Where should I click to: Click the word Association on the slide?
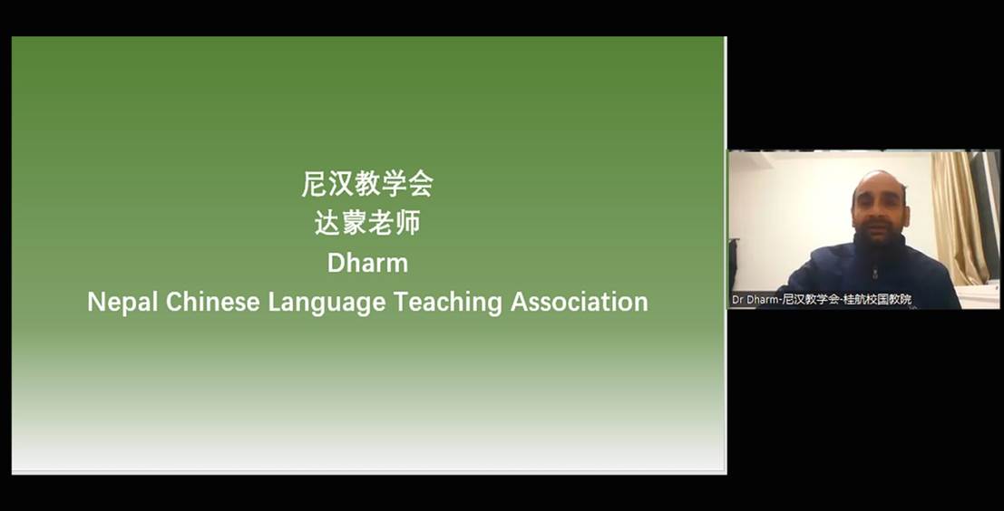click(580, 301)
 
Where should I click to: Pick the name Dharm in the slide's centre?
click(367, 263)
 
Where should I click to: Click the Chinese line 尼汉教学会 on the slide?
click(367, 184)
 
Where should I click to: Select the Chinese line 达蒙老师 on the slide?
click(367, 223)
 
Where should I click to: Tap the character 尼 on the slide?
click(315, 184)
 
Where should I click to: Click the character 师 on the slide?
click(408, 223)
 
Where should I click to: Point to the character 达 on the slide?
click(327, 223)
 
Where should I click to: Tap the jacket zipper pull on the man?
click(874, 274)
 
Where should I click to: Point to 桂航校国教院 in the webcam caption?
click(877, 299)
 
